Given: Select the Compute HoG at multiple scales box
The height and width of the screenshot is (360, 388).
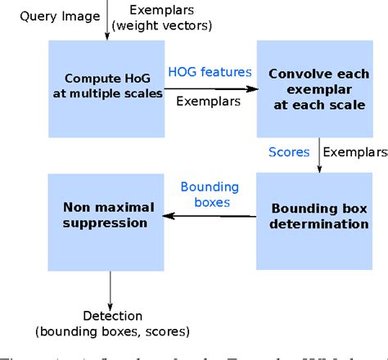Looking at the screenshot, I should click(106, 88).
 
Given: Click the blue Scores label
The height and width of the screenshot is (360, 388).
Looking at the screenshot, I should click(290, 151).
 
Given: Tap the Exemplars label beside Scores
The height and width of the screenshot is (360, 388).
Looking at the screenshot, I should click(354, 151).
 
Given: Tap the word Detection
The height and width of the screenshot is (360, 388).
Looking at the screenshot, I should click(112, 316).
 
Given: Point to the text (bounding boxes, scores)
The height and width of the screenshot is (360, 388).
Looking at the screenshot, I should click(112, 331).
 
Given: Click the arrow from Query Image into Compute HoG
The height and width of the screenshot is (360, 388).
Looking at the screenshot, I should click(107, 25).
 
